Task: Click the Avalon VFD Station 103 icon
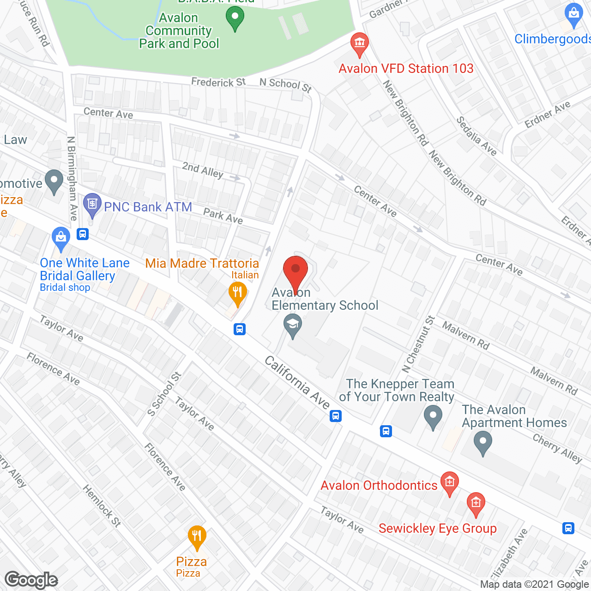pyautogui.click(x=359, y=43)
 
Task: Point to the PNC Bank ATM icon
pyautogui.click(x=92, y=205)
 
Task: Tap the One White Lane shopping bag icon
pyautogui.click(x=61, y=238)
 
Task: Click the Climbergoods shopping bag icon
pyautogui.click(x=574, y=15)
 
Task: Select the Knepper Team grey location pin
pyautogui.click(x=433, y=416)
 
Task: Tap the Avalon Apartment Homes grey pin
pyautogui.click(x=482, y=442)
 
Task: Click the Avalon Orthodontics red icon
pyautogui.click(x=449, y=483)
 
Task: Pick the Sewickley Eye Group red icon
pyautogui.click(x=476, y=504)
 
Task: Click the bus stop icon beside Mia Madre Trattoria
pyautogui.click(x=239, y=329)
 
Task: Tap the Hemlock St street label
pyautogui.click(x=102, y=506)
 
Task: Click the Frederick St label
pyautogui.click(x=218, y=82)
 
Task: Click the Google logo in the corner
pyautogui.click(x=31, y=580)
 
